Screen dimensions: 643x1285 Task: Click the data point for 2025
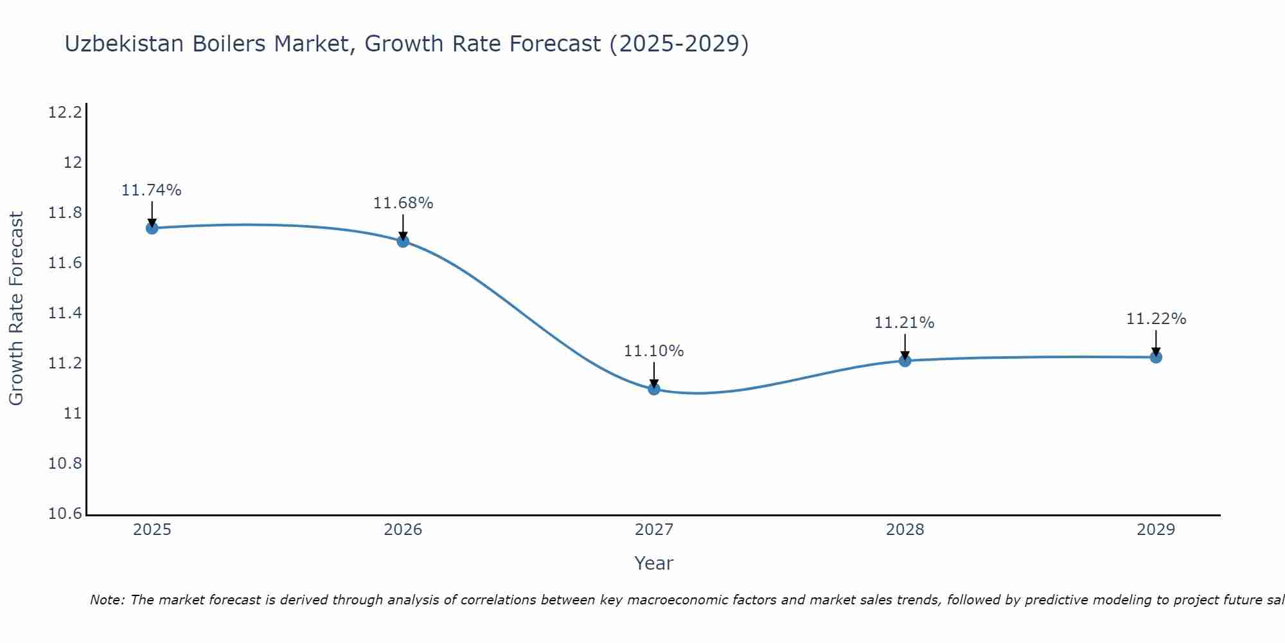tap(152, 228)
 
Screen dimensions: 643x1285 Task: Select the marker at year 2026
tap(403, 241)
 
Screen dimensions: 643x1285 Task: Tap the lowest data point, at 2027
tap(654, 388)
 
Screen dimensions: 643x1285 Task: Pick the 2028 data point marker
tap(905, 361)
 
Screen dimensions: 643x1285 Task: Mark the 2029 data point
tap(1156, 357)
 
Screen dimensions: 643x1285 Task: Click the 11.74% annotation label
tap(152, 190)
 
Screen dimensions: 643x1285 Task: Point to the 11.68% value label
tap(403, 203)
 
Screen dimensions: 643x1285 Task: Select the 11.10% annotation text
tap(654, 351)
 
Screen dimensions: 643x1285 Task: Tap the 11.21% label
tap(904, 323)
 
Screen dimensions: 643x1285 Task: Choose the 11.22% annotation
tap(1156, 319)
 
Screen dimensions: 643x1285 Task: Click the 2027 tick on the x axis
tap(654, 530)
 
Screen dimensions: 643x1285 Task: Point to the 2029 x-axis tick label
tap(1156, 530)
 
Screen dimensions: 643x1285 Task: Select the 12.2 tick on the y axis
tap(66, 113)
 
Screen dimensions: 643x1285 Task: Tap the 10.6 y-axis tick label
tap(66, 514)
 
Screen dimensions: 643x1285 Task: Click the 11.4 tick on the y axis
tap(66, 313)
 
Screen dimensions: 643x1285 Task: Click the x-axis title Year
tap(653, 563)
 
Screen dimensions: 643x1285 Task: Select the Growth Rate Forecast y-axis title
tap(16, 308)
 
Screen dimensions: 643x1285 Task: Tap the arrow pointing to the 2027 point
tap(654, 375)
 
